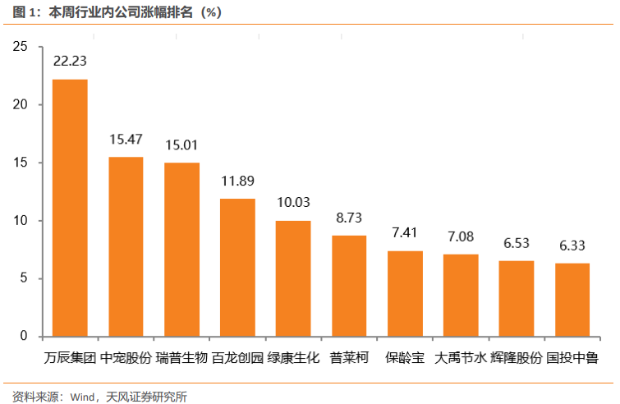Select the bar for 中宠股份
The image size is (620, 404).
point(126,246)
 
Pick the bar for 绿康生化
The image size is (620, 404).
point(293,278)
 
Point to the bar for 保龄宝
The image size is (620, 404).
point(405,293)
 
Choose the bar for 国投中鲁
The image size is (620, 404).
point(572,300)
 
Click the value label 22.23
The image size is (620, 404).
point(70,62)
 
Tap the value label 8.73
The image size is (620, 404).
point(349,218)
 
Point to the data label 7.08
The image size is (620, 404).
point(461,236)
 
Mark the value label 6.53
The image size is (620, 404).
point(517,243)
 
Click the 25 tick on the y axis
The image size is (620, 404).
point(21,48)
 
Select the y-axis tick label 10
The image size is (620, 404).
point(21,221)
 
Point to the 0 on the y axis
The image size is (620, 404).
point(24,337)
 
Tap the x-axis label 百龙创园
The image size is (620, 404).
point(237,359)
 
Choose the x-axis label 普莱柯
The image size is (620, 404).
point(349,359)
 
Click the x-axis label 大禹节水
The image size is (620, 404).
point(461,359)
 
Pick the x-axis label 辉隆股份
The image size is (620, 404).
point(517,359)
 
